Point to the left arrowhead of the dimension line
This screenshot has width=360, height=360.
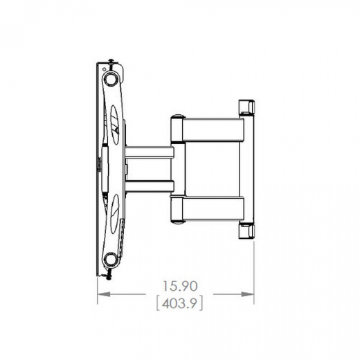pos(101,294)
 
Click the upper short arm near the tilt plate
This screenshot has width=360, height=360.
pos(149,152)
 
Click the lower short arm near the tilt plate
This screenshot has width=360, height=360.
pos(149,186)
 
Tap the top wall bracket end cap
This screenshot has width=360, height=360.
pos(246,107)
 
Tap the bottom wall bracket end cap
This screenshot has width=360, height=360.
pos(246,230)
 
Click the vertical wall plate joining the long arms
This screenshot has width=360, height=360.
pos(246,168)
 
